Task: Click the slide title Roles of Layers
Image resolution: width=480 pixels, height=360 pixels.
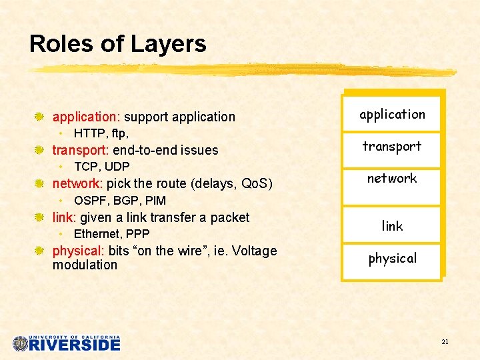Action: click(118, 44)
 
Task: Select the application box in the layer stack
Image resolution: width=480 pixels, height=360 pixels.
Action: click(392, 114)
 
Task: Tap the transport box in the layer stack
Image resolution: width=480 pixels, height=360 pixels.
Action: click(392, 147)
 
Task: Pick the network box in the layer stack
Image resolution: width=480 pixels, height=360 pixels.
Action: click(392, 179)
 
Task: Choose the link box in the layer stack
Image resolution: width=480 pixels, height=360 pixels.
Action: click(392, 226)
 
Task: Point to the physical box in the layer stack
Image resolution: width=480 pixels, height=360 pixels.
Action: click(392, 259)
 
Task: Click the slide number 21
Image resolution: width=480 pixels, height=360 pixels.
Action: click(445, 342)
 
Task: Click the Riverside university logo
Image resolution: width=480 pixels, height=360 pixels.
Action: click(67, 343)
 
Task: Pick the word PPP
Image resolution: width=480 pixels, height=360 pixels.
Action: click(138, 234)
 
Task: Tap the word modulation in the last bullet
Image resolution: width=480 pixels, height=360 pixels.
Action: click(85, 265)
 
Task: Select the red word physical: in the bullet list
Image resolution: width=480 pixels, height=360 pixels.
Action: click(78, 251)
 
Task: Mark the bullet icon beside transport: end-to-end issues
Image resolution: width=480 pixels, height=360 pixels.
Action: click(39, 150)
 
